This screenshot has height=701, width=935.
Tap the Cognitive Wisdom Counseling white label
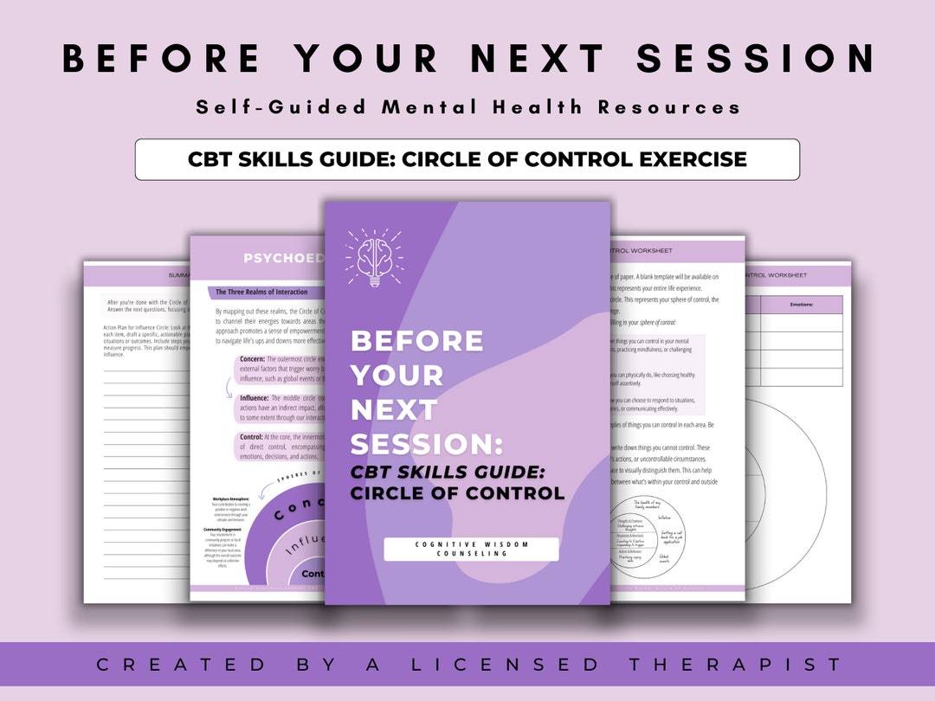point(471,549)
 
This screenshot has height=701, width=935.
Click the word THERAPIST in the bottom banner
point(740,665)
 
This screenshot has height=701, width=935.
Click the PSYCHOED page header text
point(282,259)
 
